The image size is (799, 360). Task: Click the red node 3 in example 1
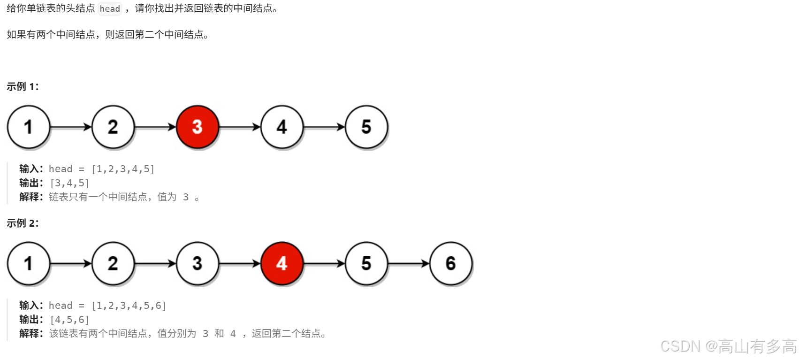point(198,127)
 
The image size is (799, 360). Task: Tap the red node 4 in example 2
point(282,263)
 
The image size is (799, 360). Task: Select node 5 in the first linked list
point(366,127)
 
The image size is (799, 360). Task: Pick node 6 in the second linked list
point(451,263)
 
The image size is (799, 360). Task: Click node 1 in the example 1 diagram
point(29,127)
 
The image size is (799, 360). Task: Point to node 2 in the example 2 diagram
point(113,263)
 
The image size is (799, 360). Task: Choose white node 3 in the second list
point(198,263)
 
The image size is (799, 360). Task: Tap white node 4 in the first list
point(282,127)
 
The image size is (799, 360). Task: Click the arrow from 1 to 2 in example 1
point(71,127)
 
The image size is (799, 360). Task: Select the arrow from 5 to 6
point(409,264)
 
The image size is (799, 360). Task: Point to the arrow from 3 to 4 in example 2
point(240,264)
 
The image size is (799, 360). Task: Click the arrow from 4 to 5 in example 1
point(324,127)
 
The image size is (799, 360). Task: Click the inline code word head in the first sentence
point(110,9)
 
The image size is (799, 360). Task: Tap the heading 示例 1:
point(23,86)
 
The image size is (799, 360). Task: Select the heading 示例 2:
point(23,223)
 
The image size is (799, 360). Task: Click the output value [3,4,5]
point(69,183)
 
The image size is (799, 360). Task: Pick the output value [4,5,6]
point(69,320)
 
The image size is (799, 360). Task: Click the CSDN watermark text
point(728,346)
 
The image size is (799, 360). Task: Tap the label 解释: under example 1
point(31,197)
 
